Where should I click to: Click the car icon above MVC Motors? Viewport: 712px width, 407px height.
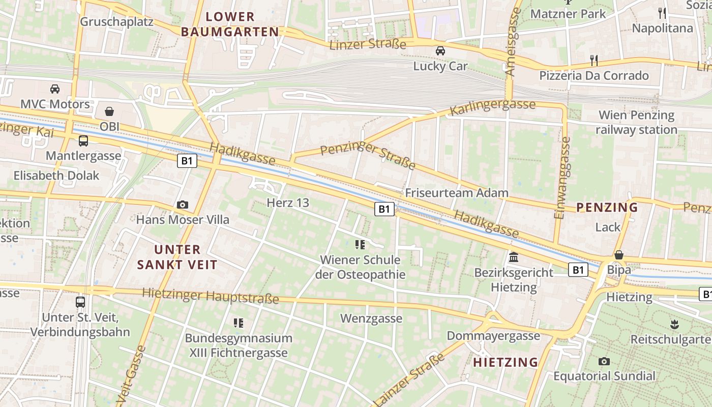click(55, 89)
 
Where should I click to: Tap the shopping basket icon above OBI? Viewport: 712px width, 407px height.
click(109, 111)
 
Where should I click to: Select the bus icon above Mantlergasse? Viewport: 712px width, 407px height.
click(83, 141)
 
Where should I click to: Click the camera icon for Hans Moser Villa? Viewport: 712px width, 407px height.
click(183, 205)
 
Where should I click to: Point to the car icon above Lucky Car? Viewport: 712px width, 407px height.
click(440, 51)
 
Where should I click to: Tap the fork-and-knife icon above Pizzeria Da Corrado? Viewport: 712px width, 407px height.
click(594, 61)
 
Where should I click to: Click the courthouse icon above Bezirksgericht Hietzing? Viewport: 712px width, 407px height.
click(514, 257)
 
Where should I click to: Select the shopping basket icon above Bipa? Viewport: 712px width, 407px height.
click(619, 255)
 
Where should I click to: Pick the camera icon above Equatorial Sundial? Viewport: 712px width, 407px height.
click(604, 361)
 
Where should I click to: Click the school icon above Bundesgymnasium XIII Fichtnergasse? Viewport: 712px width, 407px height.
click(239, 323)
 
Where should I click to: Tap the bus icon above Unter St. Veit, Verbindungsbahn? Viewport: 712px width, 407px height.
click(80, 302)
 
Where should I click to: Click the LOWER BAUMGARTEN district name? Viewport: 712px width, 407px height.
click(230, 24)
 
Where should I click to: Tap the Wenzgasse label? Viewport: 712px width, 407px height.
click(371, 319)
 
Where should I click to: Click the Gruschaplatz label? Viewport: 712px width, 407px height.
click(117, 21)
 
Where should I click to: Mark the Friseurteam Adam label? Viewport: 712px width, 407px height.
click(457, 193)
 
